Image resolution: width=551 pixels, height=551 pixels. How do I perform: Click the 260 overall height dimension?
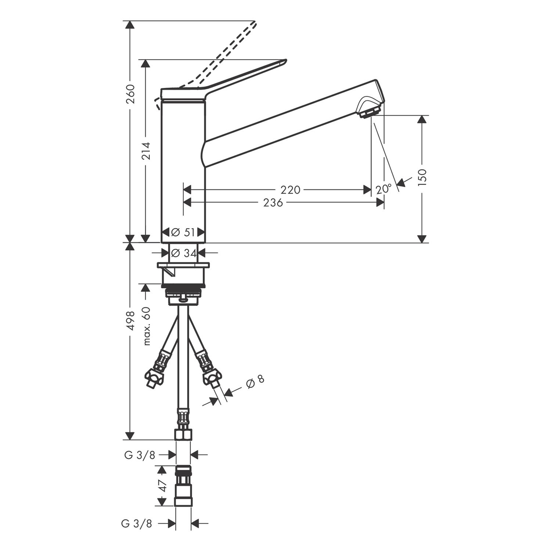click(x=131, y=95)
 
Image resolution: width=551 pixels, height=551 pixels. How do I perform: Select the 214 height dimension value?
click(x=146, y=151)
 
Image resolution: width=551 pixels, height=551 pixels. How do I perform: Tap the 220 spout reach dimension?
click(x=290, y=190)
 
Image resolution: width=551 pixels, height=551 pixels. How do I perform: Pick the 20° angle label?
click(x=383, y=189)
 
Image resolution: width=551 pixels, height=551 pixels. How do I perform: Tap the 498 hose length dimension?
click(x=131, y=321)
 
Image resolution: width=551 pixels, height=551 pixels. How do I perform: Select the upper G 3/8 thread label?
click(x=140, y=455)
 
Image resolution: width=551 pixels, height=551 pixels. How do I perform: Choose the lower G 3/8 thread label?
click(x=137, y=523)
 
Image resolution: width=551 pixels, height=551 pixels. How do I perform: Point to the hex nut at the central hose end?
click(x=183, y=435)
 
